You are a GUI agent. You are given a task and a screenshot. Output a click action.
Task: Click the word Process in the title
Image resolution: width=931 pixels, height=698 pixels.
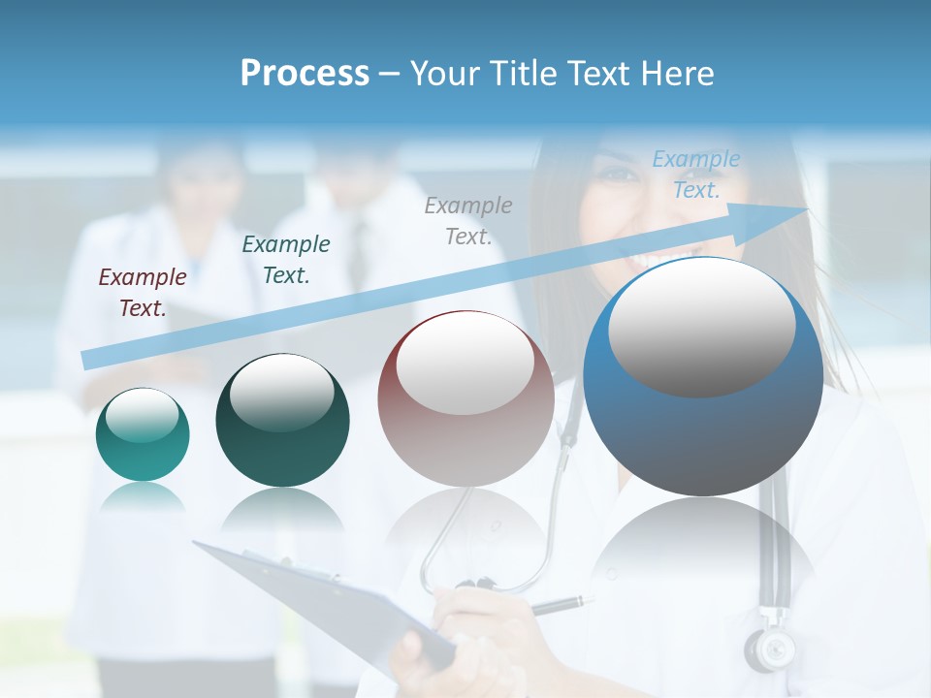[x=305, y=74]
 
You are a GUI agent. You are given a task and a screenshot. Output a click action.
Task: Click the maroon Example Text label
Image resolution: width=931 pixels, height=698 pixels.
[x=143, y=293]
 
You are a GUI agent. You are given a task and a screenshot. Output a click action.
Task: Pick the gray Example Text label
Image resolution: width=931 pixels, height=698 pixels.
[x=468, y=220]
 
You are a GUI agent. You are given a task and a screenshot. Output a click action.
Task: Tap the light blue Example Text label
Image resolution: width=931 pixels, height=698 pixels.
[x=695, y=174]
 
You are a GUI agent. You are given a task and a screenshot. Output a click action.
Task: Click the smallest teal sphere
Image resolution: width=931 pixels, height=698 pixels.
[x=143, y=435]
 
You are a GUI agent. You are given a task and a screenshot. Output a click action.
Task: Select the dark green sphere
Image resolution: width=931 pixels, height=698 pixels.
[x=282, y=420]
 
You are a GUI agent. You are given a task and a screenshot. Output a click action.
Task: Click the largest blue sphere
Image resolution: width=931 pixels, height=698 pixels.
[x=703, y=378]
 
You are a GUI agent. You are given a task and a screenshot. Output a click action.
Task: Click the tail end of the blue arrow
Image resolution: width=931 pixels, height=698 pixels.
[x=89, y=360]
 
